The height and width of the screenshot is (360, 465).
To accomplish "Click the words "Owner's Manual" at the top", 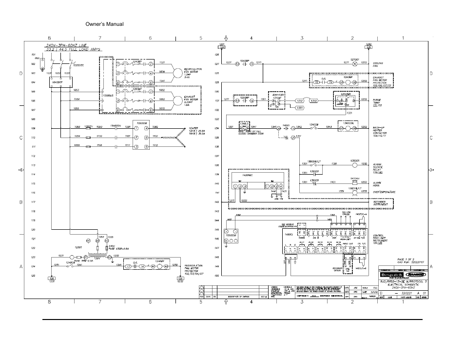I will [104, 24].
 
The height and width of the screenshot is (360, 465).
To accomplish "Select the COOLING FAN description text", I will [378, 64].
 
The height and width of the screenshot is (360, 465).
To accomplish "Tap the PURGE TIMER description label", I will [377, 101].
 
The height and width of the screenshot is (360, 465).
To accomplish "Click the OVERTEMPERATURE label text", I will [385, 192].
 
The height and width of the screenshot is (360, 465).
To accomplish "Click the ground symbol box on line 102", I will [42, 64].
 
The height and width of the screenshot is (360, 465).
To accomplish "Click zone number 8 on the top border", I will [49, 38].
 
